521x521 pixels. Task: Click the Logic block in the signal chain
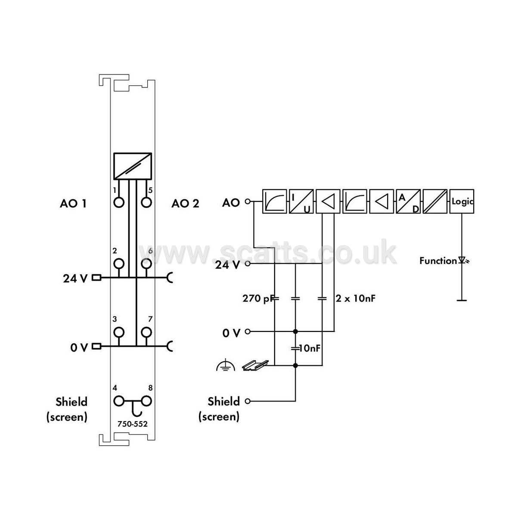(461, 202)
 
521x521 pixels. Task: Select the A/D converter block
(408, 202)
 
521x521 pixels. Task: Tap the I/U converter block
(301, 202)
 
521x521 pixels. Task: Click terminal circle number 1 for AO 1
(119, 202)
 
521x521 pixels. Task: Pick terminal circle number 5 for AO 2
(146, 202)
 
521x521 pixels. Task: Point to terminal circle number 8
(146, 401)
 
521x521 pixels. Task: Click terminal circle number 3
(119, 332)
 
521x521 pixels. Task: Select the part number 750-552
(133, 424)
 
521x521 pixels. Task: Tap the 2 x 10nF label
(356, 298)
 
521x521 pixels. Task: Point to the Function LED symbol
(463, 261)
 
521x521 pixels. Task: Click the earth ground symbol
(226, 365)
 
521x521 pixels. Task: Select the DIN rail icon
(255, 365)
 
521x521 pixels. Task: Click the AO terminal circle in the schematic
(248, 202)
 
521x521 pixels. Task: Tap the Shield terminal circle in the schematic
(248, 401)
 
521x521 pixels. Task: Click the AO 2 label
(185, 203)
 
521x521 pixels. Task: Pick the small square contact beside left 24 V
(96, 277)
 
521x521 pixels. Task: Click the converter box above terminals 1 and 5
(133, 166)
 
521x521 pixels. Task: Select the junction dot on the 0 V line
(295, 332)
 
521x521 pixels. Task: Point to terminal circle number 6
(146, 264)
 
